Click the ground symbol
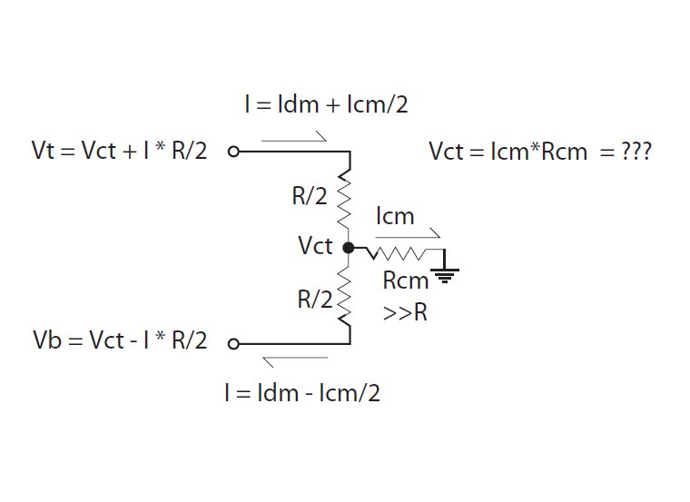click(448, 269)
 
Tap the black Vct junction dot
click(349, 247)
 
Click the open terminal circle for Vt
click(233, 152)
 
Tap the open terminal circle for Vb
click(233, 343)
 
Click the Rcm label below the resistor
click(405, 281)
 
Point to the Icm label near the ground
click(394, 217)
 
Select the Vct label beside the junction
click(315, 246)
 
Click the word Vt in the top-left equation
click(44, 152)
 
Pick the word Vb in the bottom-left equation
click(46, 341)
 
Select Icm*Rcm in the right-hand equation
click(530, 152)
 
